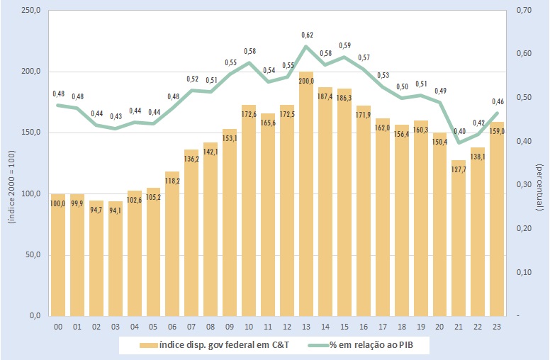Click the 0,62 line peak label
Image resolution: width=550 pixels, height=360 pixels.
coord(308,35)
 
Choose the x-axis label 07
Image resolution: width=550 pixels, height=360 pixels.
coord(192,327)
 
